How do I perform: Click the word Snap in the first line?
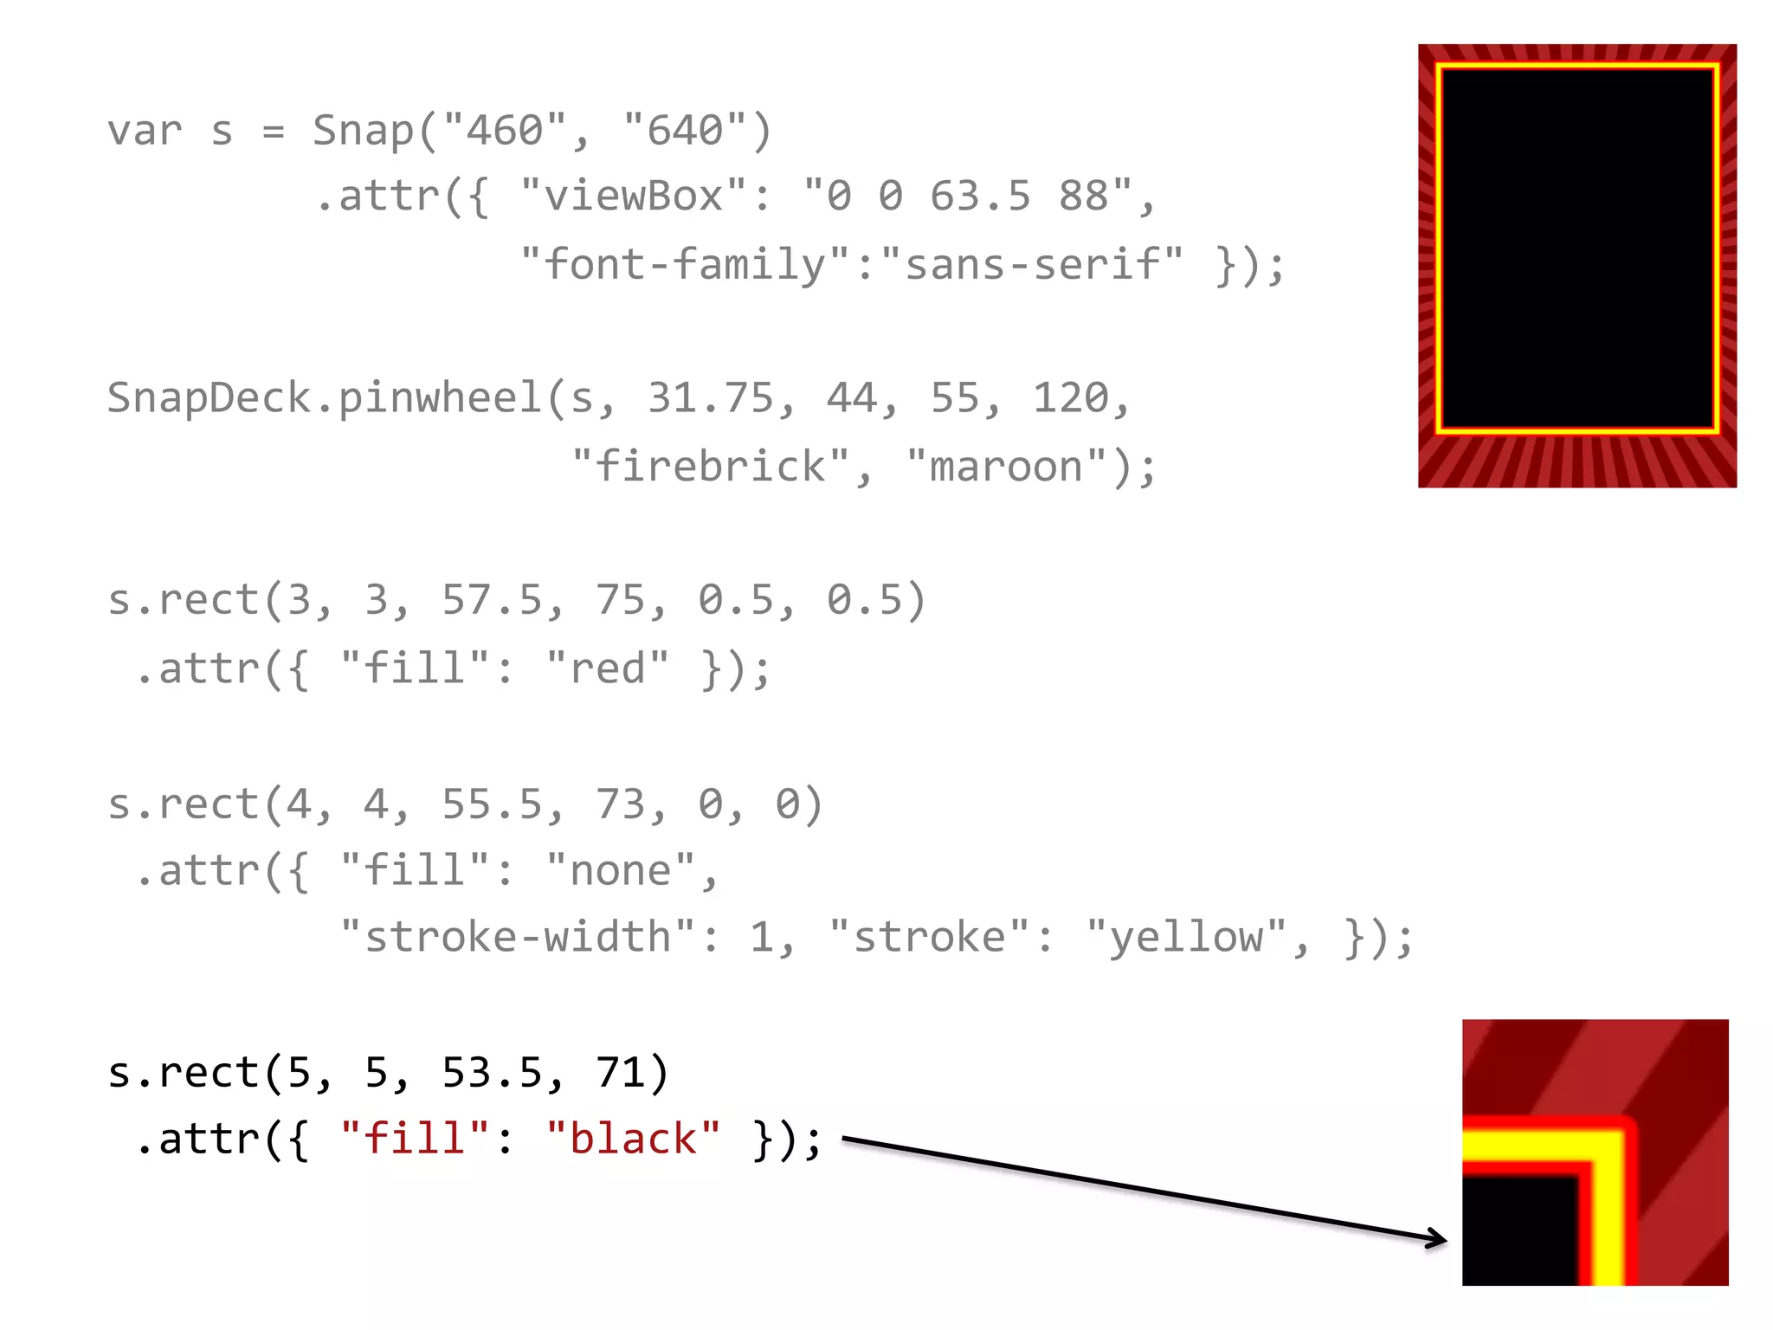click(364, 131)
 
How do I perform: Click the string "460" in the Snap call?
click(505, 131)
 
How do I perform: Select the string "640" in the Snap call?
click(685, 131)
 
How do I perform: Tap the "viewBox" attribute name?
click(633, 197)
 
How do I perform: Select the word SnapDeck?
click(209, 398)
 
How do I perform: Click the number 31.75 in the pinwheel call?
click(711, 398)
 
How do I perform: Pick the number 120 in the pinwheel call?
click(1070, 398)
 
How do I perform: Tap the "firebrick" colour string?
click(711, 467)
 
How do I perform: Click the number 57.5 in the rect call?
click(493, 601)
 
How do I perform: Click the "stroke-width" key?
click(518, 938)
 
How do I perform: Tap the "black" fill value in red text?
click(633, 1140)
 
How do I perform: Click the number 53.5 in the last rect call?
click(493, 1073)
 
